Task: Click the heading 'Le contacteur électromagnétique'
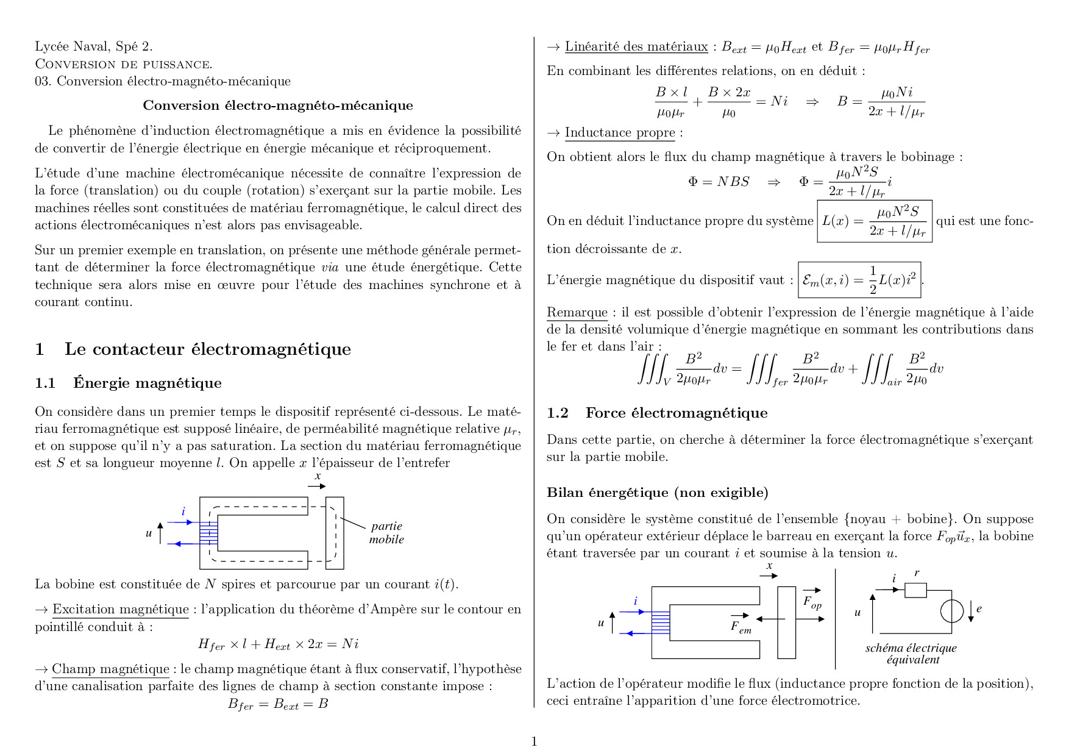(x=207, y=349)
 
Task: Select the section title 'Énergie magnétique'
(x=147, y=383)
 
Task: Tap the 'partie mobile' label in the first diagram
(x=386, y=533)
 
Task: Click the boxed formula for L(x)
(x=874, y=221)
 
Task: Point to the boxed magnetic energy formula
(x=859, y=280)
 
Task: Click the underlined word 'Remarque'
(x=577, y=313)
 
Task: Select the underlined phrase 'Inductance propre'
(x=619, y=133)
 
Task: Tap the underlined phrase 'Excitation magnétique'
(x=120, y=610)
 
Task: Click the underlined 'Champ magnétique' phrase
(x=110, y=669)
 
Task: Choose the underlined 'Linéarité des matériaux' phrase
(x=636, y=47)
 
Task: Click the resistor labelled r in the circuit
(x=915, y=590)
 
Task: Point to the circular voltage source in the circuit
(x=951, y=612)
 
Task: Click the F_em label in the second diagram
(x=740, y=627)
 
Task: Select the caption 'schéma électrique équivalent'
(x=911, y=654)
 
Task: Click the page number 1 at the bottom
(x=534, y=741)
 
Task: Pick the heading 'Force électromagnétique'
(x=676, y=413)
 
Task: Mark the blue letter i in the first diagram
(x=183, y=512)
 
